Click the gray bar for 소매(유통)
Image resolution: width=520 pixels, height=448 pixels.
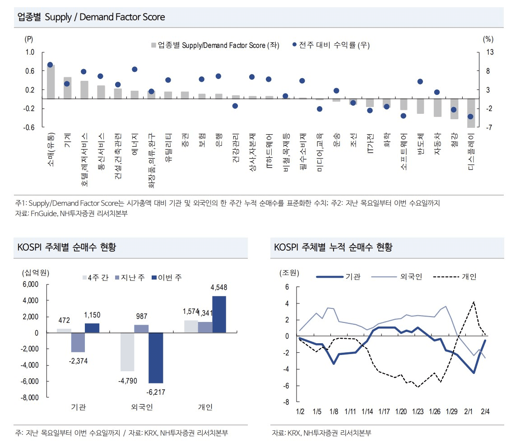click(51, 82)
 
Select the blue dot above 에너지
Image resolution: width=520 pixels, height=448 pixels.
click(135, 69)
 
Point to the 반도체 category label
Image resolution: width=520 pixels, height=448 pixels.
click(420, 144)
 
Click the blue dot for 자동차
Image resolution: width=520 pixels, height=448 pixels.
click(437, 92)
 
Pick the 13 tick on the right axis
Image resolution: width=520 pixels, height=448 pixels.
click(490, 52)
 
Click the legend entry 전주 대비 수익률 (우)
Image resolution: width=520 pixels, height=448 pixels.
click(328, 45)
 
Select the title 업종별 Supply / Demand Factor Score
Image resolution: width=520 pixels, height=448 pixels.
click(91, 17)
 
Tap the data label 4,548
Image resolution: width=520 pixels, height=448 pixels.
click(219, 288)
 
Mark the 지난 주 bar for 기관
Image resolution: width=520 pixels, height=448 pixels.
click(78, 342)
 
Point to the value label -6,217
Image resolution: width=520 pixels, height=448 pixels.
click(156, 392)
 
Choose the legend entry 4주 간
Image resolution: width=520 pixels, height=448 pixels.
click(95, 277)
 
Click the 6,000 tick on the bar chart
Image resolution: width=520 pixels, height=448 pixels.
click(30, 285)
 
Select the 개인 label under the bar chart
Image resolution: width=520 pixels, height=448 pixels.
click(205, 407)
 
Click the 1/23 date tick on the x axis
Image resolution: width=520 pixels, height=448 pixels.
click(418, 412)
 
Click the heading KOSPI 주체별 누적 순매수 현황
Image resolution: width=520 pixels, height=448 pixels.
click(333, 247)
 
